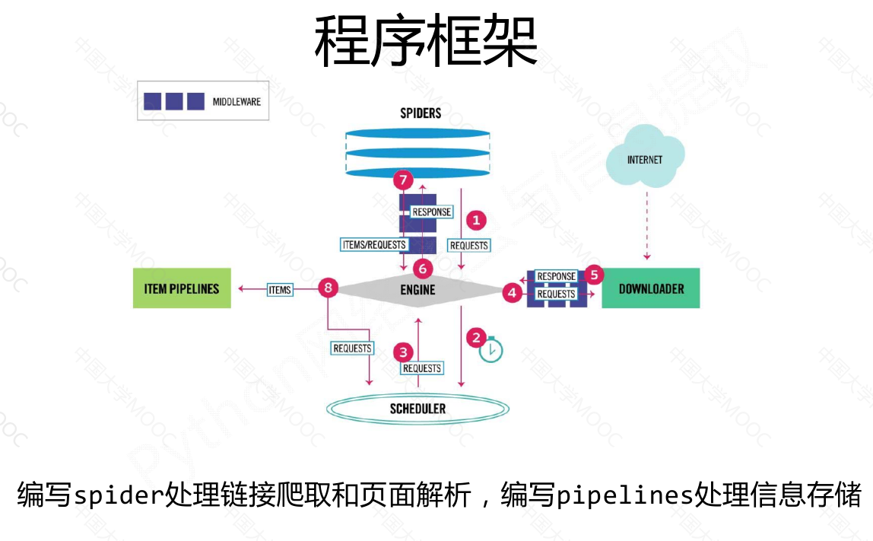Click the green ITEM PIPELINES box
point(182,288)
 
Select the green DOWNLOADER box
point(650,288)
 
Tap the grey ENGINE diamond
point(417,289)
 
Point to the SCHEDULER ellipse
point(417,409)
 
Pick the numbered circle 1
point(476,221)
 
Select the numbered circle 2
point(477,336)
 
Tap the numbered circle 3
point(403,352)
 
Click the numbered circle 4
point(512,291)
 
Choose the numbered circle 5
point(595,274)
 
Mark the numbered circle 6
point(423,268)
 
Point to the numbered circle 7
point(403,180)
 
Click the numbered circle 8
point(328,288)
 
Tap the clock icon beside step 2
point(491,351)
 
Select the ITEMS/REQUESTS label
point(374,244)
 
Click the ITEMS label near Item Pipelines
point(280,289)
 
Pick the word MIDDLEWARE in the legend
point(237,100)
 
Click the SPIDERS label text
point(421,113)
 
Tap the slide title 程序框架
point(426,42)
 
